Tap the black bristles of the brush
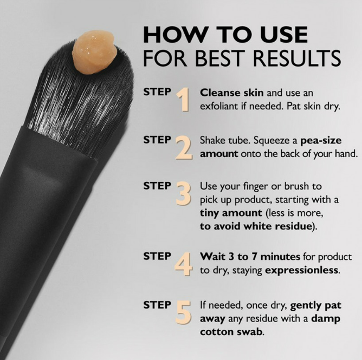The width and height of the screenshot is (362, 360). tap(81, 97)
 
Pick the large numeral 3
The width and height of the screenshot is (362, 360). tap(184, 193)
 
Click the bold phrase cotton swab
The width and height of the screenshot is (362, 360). tap(232, 331)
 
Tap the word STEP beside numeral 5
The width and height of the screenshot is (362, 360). tap(157, 305)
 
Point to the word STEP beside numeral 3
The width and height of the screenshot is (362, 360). tap(157, 185)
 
